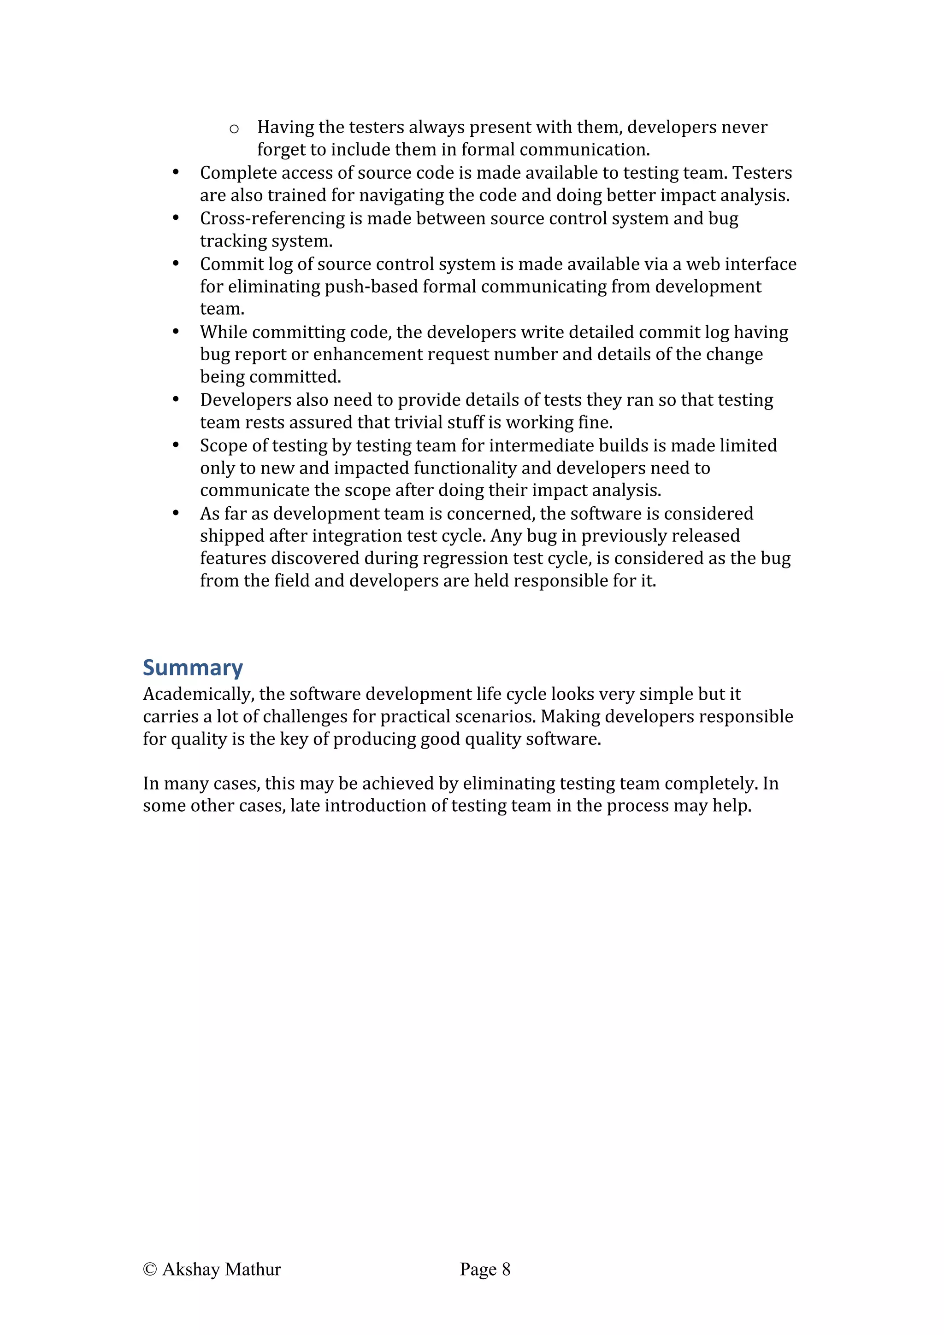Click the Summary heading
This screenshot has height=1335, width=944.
pos(193,667)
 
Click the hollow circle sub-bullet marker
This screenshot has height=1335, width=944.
pos(234,129)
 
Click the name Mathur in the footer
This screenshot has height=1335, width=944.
pos(253,1269)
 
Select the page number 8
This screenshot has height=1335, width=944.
pos(506,1269)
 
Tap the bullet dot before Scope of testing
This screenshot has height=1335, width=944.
pos(176,445)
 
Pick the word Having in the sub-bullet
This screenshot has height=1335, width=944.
pos(285,127)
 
